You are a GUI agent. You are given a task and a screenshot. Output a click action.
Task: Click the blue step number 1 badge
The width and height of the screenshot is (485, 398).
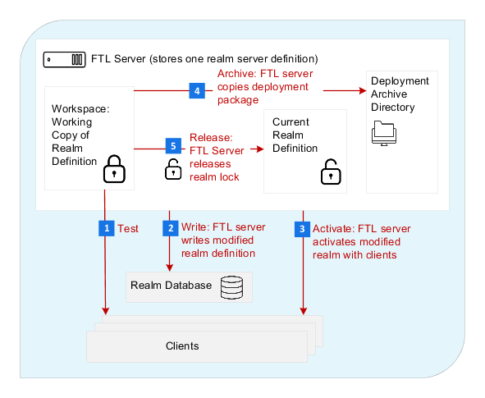[107, 228]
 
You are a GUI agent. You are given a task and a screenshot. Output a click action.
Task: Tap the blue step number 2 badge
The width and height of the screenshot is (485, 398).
[171, 228]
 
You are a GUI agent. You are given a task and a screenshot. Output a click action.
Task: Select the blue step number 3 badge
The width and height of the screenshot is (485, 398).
[302, 229]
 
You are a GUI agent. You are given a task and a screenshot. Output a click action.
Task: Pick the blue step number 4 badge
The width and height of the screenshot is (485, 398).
[197, 90]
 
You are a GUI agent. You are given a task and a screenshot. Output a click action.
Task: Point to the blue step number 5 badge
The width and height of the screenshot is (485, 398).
[173, 145]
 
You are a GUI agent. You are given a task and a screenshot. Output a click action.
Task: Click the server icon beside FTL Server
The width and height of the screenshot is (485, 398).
[64, 59]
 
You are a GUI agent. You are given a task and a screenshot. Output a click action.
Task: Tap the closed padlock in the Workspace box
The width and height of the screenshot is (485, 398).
[114, 169]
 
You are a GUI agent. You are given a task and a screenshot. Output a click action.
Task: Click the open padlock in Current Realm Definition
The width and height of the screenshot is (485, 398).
[331, 172]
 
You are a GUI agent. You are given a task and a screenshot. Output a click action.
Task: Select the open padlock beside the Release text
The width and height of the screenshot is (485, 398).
[173, 169]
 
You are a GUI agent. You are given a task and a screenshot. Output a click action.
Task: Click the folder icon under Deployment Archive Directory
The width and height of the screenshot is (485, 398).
[384, 133]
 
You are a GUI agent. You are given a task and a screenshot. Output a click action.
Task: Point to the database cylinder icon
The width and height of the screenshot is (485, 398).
[231, 287]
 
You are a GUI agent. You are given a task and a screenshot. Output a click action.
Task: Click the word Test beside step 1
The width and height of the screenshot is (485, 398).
[128, 228]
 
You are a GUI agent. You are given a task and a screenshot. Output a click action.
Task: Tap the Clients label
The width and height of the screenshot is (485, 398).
[182, 345]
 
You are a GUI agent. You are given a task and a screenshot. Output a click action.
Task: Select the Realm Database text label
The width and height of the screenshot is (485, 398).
[171, 285]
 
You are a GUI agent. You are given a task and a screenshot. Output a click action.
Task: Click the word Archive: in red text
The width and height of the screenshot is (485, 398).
[237, 74]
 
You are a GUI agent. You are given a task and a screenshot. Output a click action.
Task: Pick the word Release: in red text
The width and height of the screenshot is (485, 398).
[211, 137]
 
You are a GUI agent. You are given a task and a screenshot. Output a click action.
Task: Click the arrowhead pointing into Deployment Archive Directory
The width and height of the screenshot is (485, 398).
[363, 90]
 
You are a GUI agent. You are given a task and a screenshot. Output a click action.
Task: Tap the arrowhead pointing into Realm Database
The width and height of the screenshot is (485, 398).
[170, 268]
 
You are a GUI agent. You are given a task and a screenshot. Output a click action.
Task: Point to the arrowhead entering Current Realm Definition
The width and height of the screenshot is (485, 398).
[260, 149]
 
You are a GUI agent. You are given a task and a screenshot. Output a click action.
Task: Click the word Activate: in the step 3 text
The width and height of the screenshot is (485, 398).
[334, 228]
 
